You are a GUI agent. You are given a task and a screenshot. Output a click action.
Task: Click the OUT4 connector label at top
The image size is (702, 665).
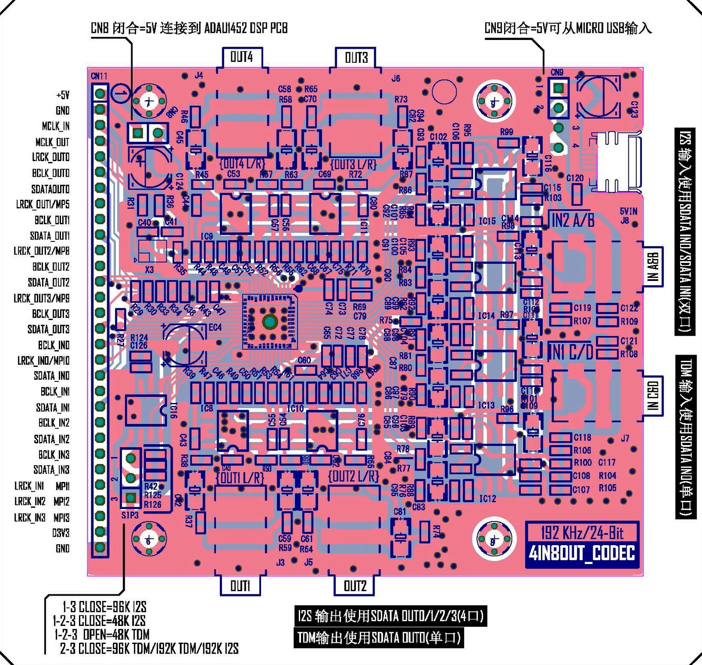point(241,57)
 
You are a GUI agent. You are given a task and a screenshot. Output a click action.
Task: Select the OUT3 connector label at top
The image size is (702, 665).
point(356,58)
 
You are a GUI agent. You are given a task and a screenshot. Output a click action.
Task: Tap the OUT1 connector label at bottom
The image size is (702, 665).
point(240,586)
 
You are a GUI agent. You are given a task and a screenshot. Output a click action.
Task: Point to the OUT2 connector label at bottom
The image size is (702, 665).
point(355,586)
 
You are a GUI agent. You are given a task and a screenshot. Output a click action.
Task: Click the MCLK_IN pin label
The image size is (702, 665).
point(56,126)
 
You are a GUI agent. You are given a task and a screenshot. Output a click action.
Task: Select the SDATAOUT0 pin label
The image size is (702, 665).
point(50,189)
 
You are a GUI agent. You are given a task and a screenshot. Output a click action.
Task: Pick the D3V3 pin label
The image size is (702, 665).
point(61,533)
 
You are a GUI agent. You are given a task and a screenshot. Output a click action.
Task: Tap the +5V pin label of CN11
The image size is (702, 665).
point(63,95)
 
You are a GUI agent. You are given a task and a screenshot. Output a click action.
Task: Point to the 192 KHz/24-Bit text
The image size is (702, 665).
point(582,533)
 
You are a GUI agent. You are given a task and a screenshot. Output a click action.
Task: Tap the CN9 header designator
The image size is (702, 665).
point(557,72)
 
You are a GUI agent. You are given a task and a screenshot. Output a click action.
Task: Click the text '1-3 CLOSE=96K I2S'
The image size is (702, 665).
point(104,607)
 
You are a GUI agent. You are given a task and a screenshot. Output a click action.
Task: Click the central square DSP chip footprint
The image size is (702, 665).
point(269,322)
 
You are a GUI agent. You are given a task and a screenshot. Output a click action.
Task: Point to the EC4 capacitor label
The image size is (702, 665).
point(215,327)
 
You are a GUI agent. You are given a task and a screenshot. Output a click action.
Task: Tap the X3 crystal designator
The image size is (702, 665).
point(149,270)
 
